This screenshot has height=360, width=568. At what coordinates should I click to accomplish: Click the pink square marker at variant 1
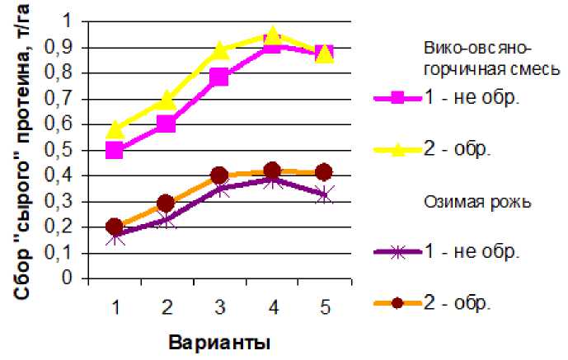coord(115,150)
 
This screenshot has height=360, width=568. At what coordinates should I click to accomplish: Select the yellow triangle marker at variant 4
coord(273,36)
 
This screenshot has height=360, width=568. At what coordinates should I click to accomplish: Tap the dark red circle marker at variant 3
coord(219,175)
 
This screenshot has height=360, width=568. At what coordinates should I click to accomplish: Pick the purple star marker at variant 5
coord(325,194)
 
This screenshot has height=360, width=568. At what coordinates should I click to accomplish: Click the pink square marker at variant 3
coord(219,77)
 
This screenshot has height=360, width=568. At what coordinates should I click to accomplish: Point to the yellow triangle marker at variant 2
coord(167,101)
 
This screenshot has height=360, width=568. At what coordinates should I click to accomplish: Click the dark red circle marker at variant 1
coord(115,227)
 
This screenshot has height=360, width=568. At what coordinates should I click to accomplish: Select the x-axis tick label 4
coord(272,307)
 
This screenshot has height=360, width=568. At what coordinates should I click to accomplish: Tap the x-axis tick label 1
coord(115,307)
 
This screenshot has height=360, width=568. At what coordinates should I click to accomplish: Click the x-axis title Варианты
coord(220,340)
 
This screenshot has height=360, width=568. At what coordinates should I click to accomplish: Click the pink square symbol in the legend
coord(397,97)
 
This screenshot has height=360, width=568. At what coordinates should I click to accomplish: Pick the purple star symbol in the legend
coord(397,252)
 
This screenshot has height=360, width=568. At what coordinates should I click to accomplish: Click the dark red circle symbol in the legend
coord(397,303)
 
